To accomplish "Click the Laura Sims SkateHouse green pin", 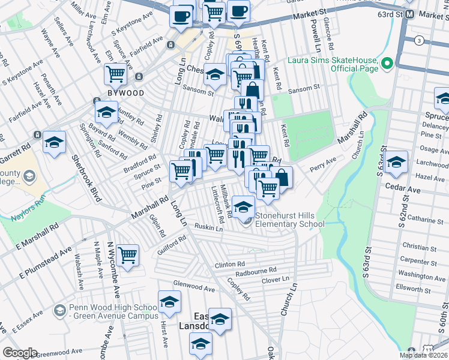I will click(387, 62).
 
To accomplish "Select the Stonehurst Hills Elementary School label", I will click(290, 220).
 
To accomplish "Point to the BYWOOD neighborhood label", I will click(125, 93).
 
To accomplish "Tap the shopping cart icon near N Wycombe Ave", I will click(127, 255).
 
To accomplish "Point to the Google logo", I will click(20, 353).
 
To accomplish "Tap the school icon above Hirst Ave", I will click(169, 301).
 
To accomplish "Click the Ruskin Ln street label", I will click(209, 227).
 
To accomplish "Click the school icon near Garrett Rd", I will click(54, 142).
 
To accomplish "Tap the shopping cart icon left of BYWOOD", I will click(115, 74).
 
